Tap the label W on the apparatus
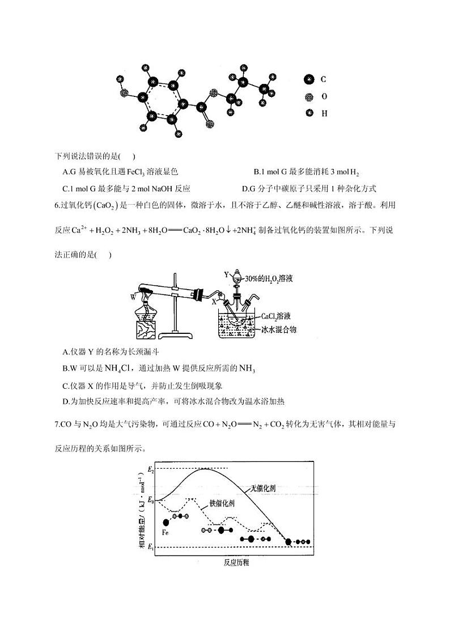133,296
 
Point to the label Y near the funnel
227,274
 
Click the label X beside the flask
214,302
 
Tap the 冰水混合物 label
279,328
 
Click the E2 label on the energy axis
150,469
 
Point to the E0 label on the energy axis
150,501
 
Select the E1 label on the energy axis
150,547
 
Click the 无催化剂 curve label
264,488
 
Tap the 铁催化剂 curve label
223,503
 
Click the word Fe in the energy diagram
165,533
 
